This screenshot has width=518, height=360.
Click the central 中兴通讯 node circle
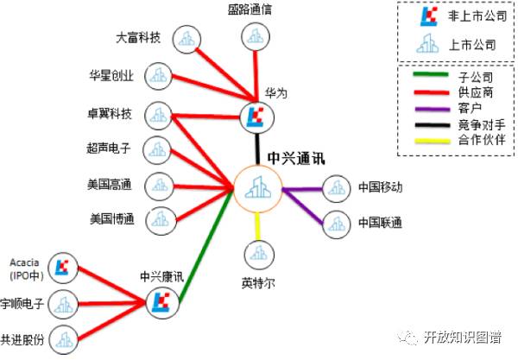(x=258, y=186)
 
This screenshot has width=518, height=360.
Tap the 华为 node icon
(x=256, y=117)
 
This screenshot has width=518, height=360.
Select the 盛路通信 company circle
(x=255, y=36)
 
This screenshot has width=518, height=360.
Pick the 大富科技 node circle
(x=186, y=39)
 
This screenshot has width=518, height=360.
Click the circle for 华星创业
(x=158, y=76)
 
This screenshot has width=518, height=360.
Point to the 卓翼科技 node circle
(x=158, y=113)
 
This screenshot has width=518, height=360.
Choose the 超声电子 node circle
(x=158, y=148)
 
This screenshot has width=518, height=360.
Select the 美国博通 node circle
(x=158, y=218)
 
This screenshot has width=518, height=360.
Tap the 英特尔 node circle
(x=258, y=255)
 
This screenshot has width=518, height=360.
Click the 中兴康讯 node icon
(x=161, y=301)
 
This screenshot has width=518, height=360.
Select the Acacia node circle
(x=61, y=268)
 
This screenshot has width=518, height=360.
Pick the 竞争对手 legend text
(x=477, y=124)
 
